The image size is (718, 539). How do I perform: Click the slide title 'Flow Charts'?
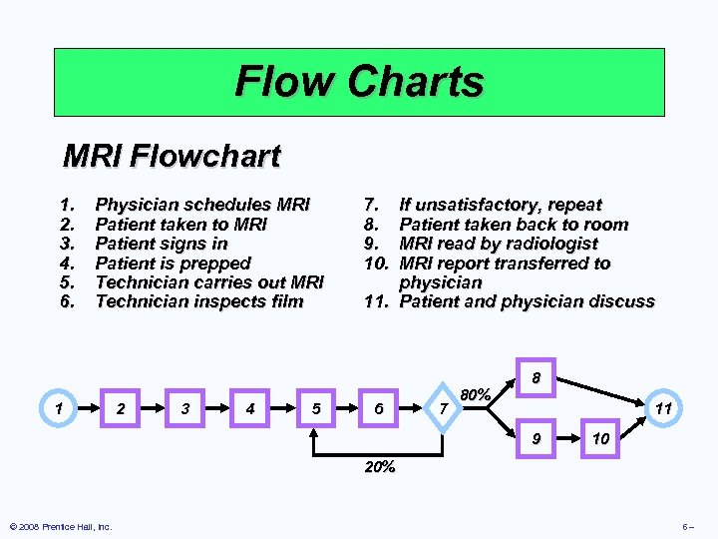pyautogui.click(x=359, y=81)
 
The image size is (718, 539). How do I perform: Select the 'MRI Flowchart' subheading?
pyautogui.click(x=172, y=156)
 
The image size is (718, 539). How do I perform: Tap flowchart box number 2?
pyautogui.click(x=121, y=407)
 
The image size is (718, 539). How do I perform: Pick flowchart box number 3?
pyautogui.click(x=185, y=407)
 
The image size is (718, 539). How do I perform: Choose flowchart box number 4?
pyautogui.click(x=250, y=407)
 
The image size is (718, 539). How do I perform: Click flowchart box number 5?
pyautogui.click(x=315, y=407)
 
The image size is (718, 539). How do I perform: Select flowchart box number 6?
pyautogui.click(x=379, y=407)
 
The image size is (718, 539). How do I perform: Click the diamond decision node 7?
pyautogui.click(x=443, y=407)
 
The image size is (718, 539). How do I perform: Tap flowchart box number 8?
pyautogui.click(x=537, y=378)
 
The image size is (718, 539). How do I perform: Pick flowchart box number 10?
pyautogui.click(x=598, y=439)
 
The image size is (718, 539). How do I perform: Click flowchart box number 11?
pyautogui.click(x=661, y=407)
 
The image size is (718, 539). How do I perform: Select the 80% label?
pyautogui.click(x=475, y=395)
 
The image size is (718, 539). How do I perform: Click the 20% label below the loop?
pyautogui.click(x=379, y=466)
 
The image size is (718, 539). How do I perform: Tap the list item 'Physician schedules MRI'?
pyautogui.click(x=202, y=205)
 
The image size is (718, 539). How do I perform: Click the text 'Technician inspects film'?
pyautogui.click(x=198, y=300)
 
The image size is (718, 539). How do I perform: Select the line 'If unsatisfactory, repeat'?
pyautogui.click(x=500, y=205)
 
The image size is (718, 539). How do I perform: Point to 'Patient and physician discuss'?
pyautogui.click(x=527, y=300)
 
